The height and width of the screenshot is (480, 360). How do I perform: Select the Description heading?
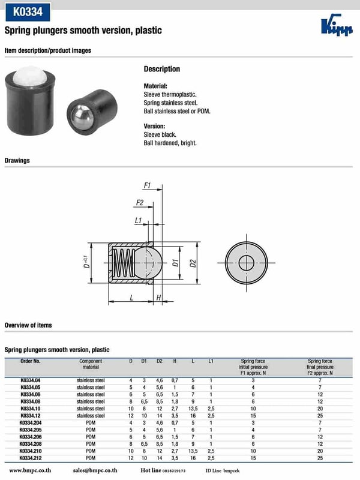(161, 69)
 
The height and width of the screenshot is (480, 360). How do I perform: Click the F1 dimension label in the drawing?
(147, 185)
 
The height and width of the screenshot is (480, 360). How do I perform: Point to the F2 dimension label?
(140, 202)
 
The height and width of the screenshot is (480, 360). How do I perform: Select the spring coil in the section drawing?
(122, 263)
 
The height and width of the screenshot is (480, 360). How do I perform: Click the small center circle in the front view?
(246, 263)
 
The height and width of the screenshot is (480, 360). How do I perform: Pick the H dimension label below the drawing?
(158, 298)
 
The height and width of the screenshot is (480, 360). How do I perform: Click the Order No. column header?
(30, 361)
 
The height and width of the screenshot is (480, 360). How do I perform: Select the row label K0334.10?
(30, 409)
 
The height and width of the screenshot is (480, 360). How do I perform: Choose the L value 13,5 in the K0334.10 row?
(193, 409)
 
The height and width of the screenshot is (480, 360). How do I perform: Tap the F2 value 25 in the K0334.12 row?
(320, 416)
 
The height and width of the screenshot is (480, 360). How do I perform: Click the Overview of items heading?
(28, 325)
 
